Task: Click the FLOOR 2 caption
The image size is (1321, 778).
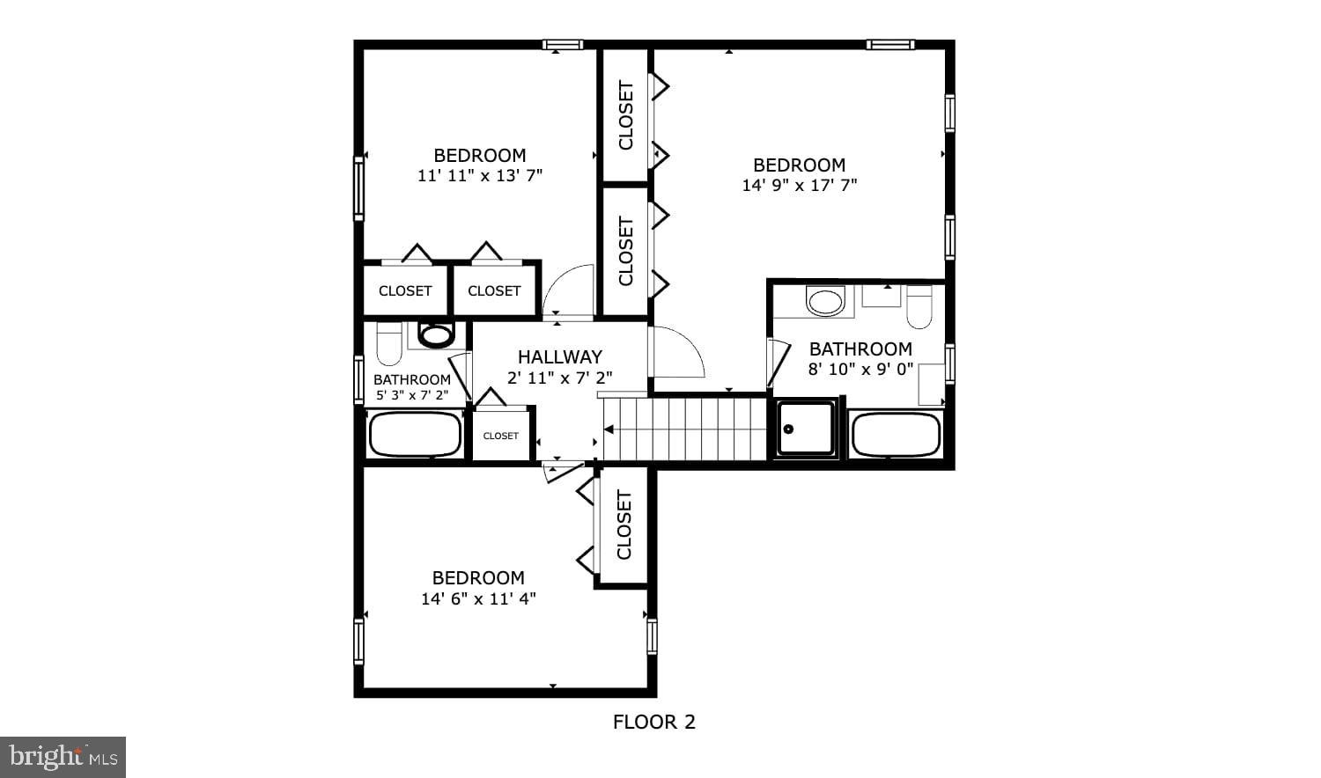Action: click(x=653, y=723)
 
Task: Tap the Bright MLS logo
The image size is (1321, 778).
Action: click(x=63, y=757)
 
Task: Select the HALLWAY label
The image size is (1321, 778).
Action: click(x=559, y=356)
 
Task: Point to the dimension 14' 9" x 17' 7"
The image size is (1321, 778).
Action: click(x=799, y=186)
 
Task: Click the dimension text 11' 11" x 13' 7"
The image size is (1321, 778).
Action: click(x=479, y=175)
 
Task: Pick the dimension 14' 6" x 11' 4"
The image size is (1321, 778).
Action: click(x=478, y=599)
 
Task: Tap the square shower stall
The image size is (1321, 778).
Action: click(x=806, y=429)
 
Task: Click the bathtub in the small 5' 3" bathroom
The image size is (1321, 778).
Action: click(x=415, y=434)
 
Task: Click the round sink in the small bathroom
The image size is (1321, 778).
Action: click(x=436, y=334)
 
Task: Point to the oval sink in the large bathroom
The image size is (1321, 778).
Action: click(x=825, y=301)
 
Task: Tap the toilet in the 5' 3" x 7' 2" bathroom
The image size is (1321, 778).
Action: click(x=389, y=343)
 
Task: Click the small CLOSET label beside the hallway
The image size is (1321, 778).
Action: click(x=500, y=436)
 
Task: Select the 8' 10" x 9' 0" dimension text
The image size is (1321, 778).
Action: click(x=860, y=370)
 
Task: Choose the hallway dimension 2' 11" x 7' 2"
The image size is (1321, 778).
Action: click(x=559, y=378)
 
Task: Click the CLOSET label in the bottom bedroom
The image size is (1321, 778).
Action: click(x=624, y=525)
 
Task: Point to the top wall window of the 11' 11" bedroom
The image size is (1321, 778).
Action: click(x=562, y=45)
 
